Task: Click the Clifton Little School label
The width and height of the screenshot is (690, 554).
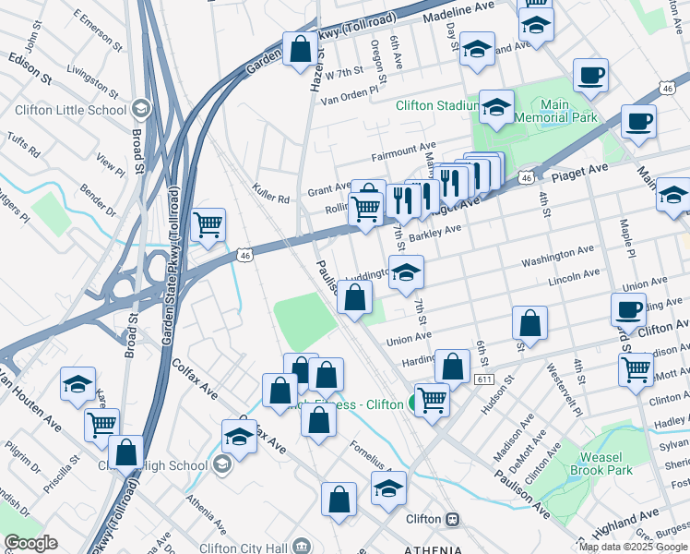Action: (70, 110)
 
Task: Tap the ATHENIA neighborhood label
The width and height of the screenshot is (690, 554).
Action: (433, 549)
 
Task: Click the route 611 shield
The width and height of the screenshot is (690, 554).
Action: (484, 379)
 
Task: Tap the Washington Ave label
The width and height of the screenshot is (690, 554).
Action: (557, 257)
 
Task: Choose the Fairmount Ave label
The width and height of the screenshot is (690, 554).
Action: (402, 148)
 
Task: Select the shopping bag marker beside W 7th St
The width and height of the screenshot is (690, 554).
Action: (301, 50)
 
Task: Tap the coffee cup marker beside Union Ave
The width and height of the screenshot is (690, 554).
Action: (628, 309)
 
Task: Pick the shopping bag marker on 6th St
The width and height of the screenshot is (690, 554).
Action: (529, 323)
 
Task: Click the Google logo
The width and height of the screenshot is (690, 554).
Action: (30, 544)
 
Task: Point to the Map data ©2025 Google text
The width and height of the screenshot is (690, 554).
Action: (632, 547)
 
